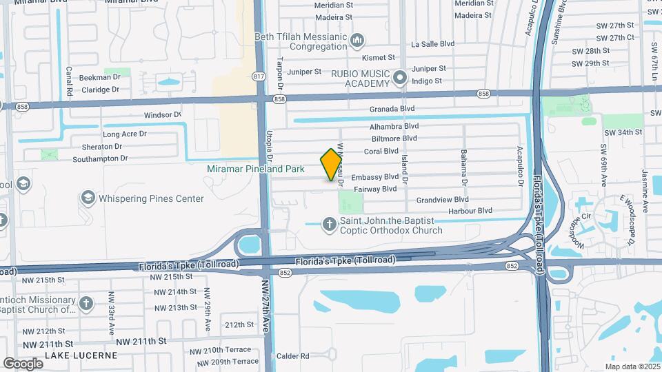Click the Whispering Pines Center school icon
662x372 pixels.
click(x=88, y=198)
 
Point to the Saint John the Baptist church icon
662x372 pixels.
click(x=330, y=224)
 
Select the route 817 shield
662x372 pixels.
click(x=259, y=76)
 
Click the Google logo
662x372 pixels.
click(x=23, y=363)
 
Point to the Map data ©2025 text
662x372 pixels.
click(x=632, y=366)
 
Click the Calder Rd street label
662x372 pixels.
click(x=292, y=356)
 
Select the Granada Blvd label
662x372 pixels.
click(x=392, y=109)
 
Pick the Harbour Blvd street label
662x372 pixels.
click(x=470, y=211)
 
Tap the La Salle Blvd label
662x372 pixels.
click(x=433, y=43)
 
